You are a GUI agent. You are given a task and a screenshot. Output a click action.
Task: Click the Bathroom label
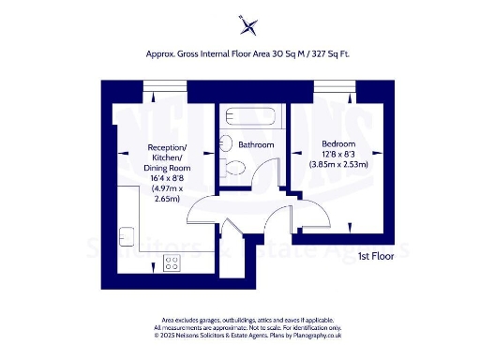click(x=256, y=145)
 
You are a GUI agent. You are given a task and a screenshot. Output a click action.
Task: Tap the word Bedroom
click(x=338, y=142)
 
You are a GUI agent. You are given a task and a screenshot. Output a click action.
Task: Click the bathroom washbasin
click(x=226, y=145)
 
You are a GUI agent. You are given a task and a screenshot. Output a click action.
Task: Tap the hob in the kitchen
click(x=172, y=263)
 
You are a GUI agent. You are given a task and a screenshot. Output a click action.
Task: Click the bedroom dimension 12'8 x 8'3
click(x=338, y=153)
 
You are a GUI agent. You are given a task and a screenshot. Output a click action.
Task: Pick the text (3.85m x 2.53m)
click(x=338, y=164)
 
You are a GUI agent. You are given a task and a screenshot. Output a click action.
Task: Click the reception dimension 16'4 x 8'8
click(x=169, y=176)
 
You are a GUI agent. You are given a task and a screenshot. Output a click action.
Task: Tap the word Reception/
click(x=169, y=148)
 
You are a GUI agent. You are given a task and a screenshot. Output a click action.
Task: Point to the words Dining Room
click(x=169, y=167)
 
